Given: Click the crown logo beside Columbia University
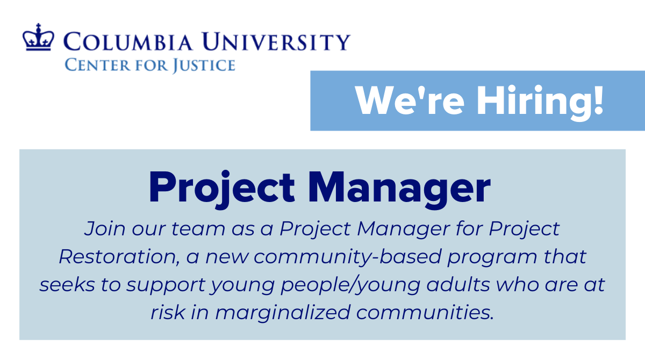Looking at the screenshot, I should click(x=39, y=38).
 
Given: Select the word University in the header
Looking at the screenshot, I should click(x=279, y=41).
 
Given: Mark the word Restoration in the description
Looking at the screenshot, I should click(x=118, y=257).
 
